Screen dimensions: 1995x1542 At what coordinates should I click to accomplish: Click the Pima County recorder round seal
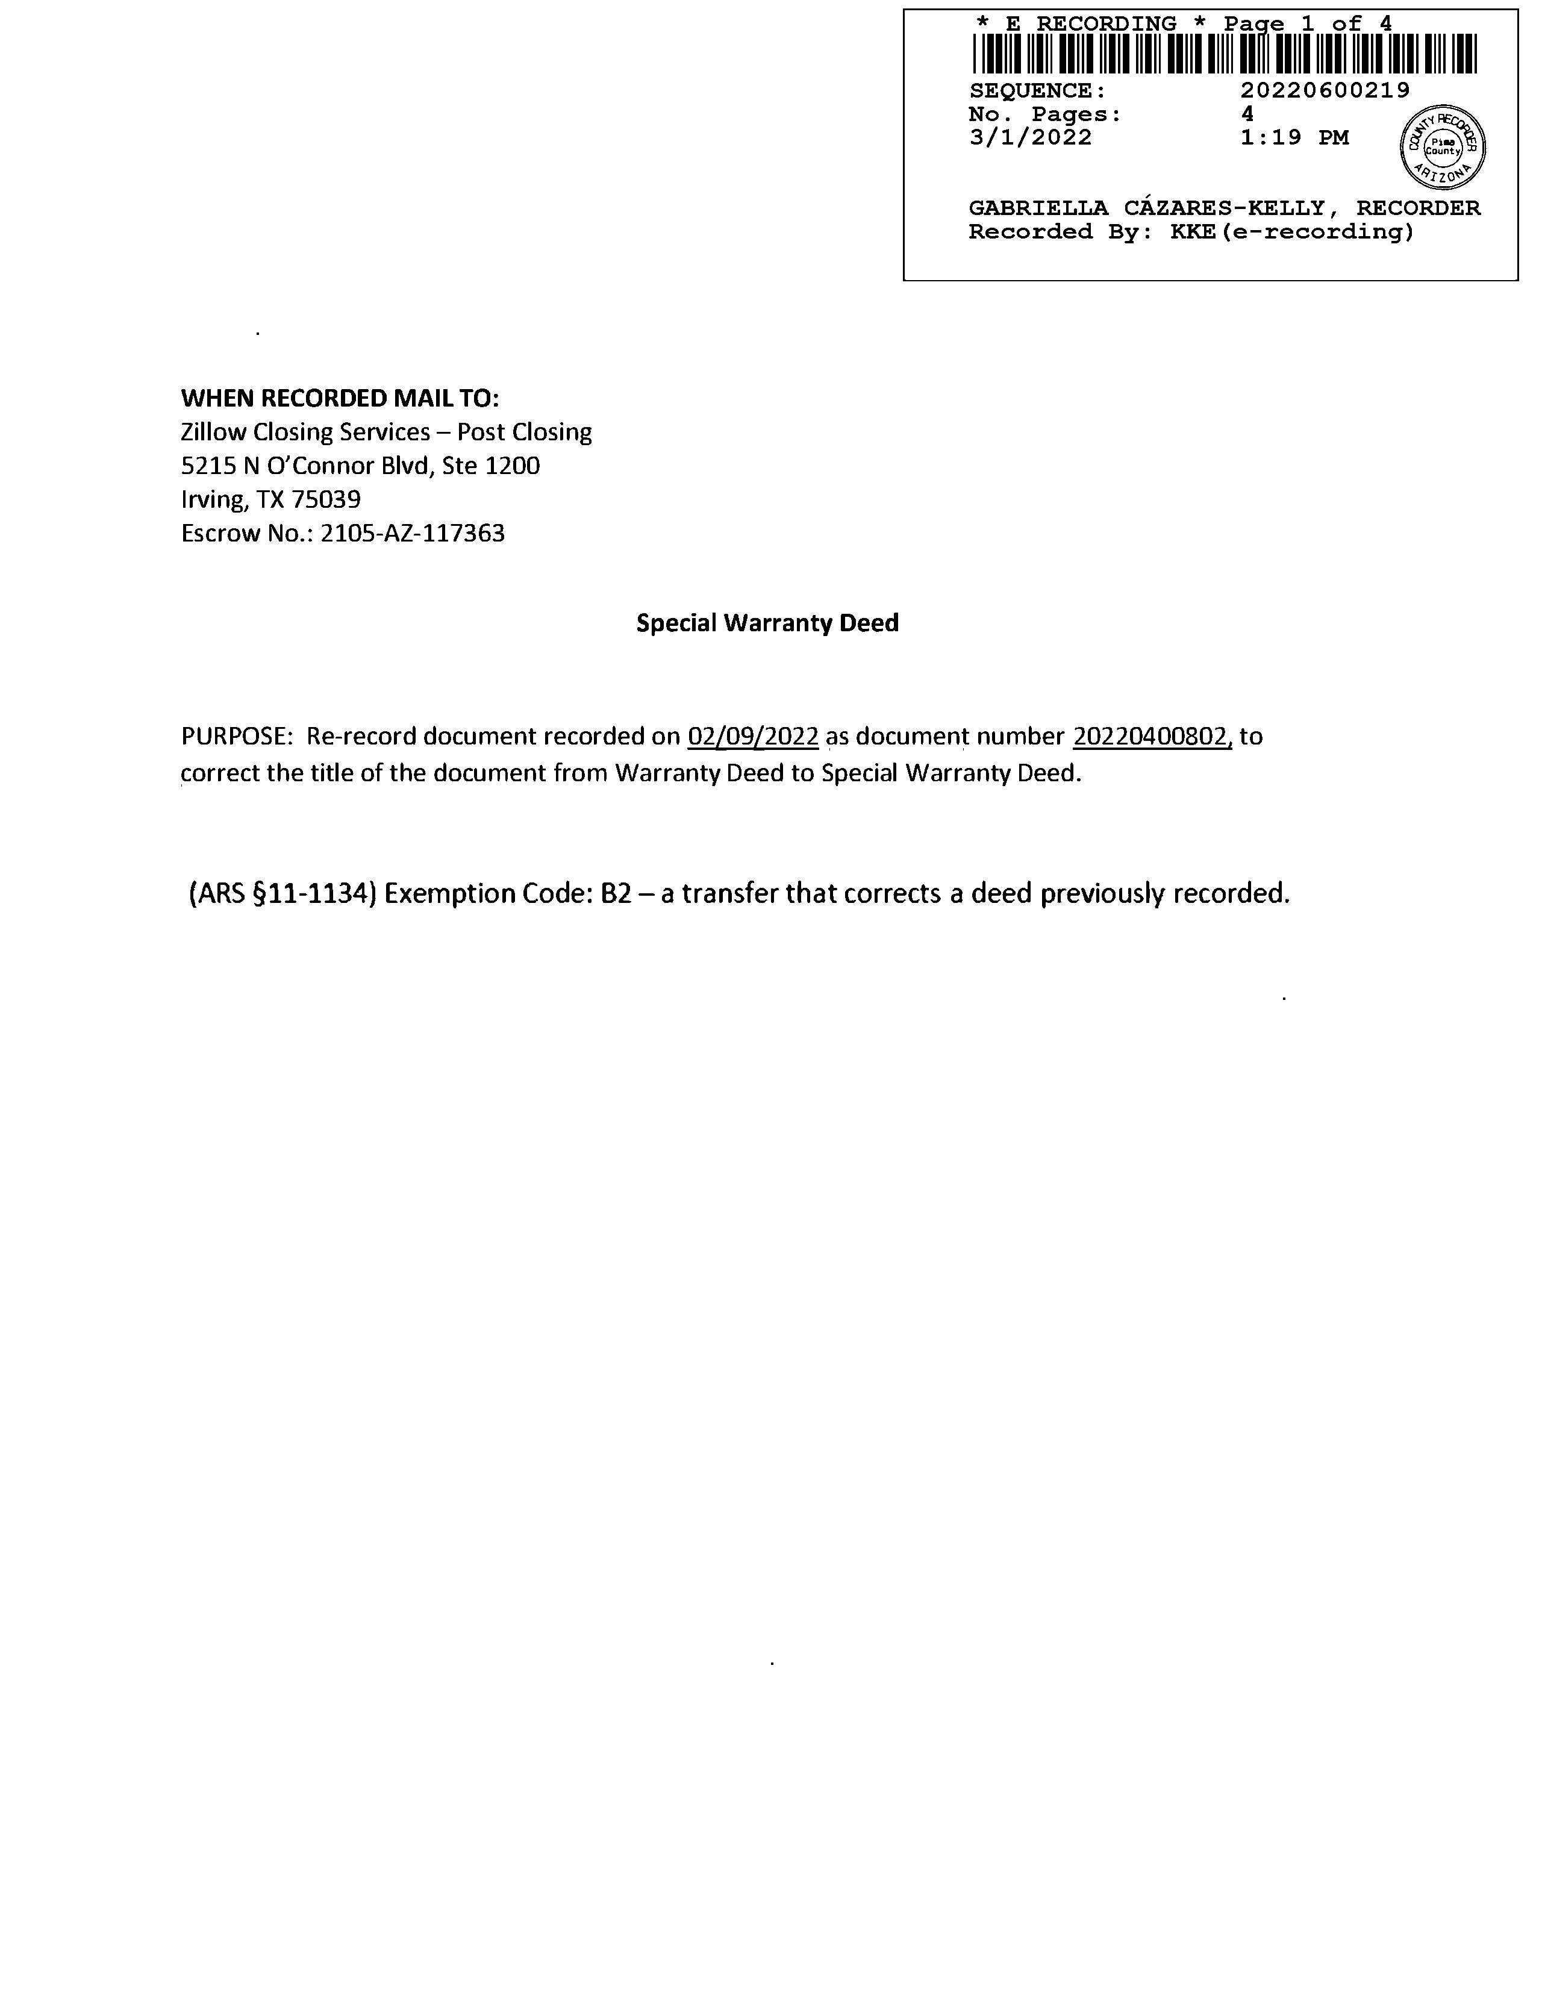click(1443, 147)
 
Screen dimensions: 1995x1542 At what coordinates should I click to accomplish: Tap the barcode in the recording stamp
click(1224, 54)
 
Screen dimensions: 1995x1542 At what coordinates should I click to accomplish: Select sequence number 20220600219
click(1325, 90)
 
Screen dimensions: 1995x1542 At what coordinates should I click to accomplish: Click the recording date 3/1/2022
click(1031, 138)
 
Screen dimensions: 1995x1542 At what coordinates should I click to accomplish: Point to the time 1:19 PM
click(1294, 138)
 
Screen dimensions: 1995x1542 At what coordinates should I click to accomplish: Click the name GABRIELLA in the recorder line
click(1038, 208)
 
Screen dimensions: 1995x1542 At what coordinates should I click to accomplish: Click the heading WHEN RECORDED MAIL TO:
click(340, 398)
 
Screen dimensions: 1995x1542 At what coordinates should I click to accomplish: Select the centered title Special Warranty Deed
click(767, 623)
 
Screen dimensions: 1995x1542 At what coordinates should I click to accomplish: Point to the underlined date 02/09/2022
click(753, 736)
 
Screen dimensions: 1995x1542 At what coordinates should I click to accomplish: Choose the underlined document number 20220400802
click(1151, 736)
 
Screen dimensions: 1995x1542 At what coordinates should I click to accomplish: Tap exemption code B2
click(616, 893)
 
